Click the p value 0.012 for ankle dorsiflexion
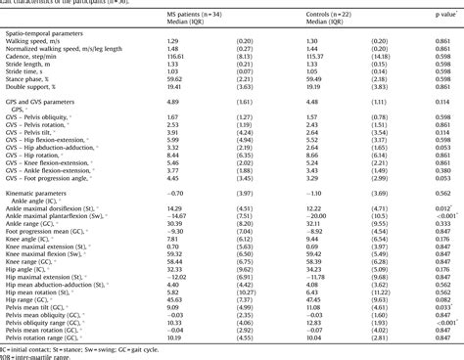(x=441, y=210)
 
